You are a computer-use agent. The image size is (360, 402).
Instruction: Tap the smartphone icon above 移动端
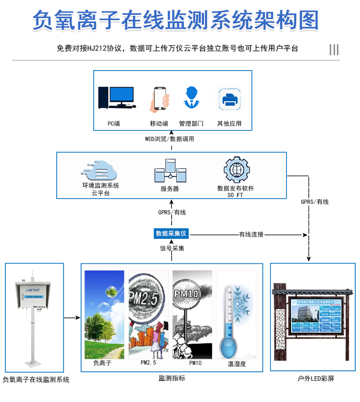click(161, 99)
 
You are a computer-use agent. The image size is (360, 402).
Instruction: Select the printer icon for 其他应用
click(229, 99)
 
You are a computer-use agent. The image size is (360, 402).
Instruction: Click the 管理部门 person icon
click(191, 98)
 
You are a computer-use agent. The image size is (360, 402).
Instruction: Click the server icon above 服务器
click(169, 171)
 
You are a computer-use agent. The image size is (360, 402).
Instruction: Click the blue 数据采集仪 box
click(172, 234)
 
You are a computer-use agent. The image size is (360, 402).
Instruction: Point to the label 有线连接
click(251, 235)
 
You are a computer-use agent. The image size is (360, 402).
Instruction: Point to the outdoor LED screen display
click(316, 316)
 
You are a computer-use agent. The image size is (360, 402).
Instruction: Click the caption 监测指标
click(171, 378)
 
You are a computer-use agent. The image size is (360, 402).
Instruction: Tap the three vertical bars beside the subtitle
click(334, 49)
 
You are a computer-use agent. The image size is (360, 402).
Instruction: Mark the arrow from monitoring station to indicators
click(72, 318)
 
